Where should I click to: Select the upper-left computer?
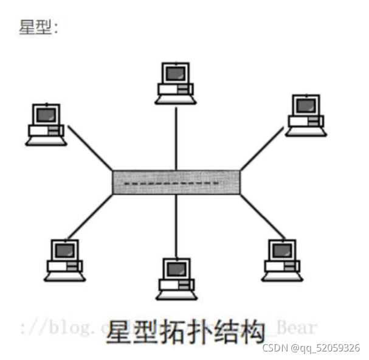tap(46, 125)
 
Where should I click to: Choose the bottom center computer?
tap(176, 279)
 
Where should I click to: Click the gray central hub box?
tap(176, 182)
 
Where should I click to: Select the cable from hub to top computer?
tap(176, 137)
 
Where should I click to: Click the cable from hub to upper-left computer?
tap(90, 148)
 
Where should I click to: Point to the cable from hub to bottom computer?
tap(176, 225)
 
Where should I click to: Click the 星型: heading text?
tap(38, 27)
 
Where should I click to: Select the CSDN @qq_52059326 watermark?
tap(311, 348)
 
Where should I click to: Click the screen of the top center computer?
tap(175, 74)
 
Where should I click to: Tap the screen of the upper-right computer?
tap(306, 105)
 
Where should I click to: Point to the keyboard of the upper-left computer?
tap(45, 141)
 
